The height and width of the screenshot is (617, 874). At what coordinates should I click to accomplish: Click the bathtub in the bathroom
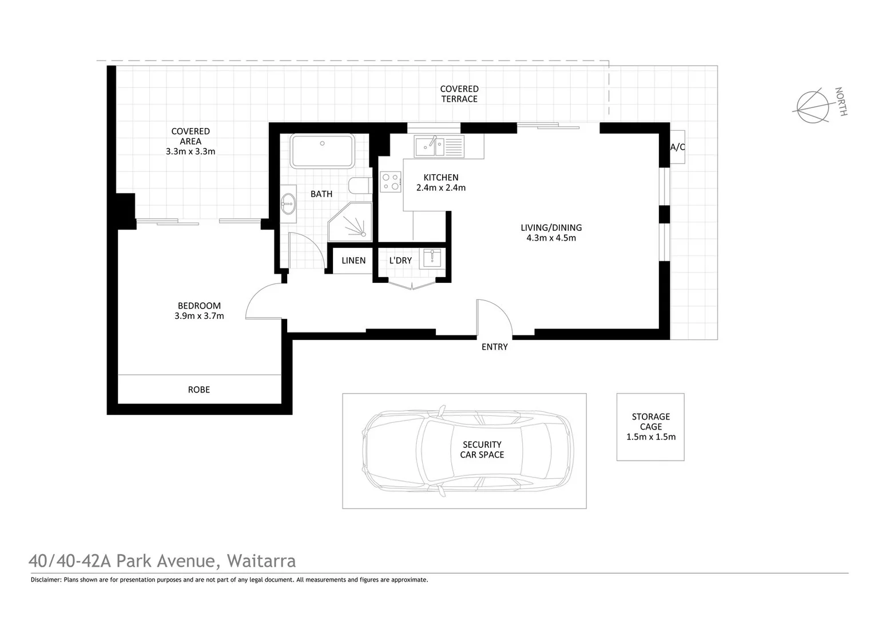coord(322,151)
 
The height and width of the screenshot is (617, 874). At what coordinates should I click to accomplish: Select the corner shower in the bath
coord(351,222)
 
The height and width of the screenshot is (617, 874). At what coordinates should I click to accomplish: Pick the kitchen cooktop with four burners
coord(391,182)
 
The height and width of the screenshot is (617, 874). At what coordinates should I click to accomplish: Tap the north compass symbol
coord(813,106)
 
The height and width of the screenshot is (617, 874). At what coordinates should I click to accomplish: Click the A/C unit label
coord(677,147)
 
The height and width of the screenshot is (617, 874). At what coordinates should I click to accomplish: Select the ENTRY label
coord(494,347)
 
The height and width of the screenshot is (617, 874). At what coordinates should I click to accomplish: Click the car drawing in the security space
coord(466,450)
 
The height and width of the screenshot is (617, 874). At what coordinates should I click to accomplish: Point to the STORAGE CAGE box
coord(650,427)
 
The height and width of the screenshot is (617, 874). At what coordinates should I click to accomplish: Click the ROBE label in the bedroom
coord(198,390)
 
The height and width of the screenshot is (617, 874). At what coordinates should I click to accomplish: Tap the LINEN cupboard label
coord(353,261)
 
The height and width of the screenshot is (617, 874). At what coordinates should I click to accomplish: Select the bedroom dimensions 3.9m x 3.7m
coord(199,316)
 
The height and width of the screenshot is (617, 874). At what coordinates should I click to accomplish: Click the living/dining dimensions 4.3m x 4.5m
coord(551,238)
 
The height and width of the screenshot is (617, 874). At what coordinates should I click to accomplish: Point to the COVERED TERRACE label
coord(459,94)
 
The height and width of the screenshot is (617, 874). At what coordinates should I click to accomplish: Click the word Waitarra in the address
coord(261,561)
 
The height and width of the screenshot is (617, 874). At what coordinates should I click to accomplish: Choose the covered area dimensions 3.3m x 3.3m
coord(190,151)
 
